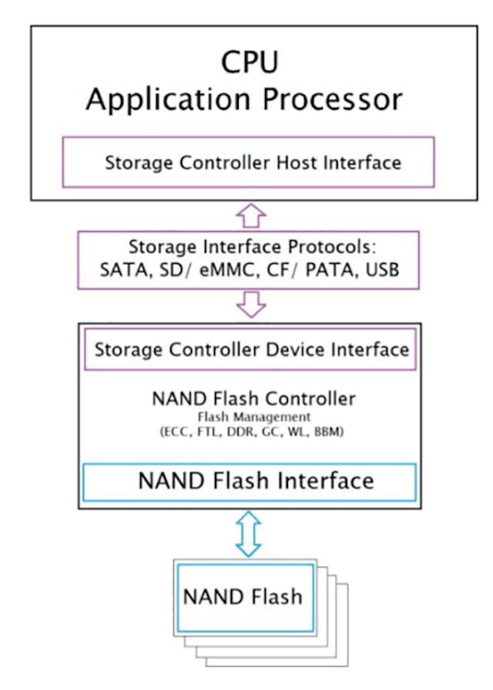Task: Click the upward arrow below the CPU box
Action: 250,216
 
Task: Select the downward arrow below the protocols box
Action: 250,304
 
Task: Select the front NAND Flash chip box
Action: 245,597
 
